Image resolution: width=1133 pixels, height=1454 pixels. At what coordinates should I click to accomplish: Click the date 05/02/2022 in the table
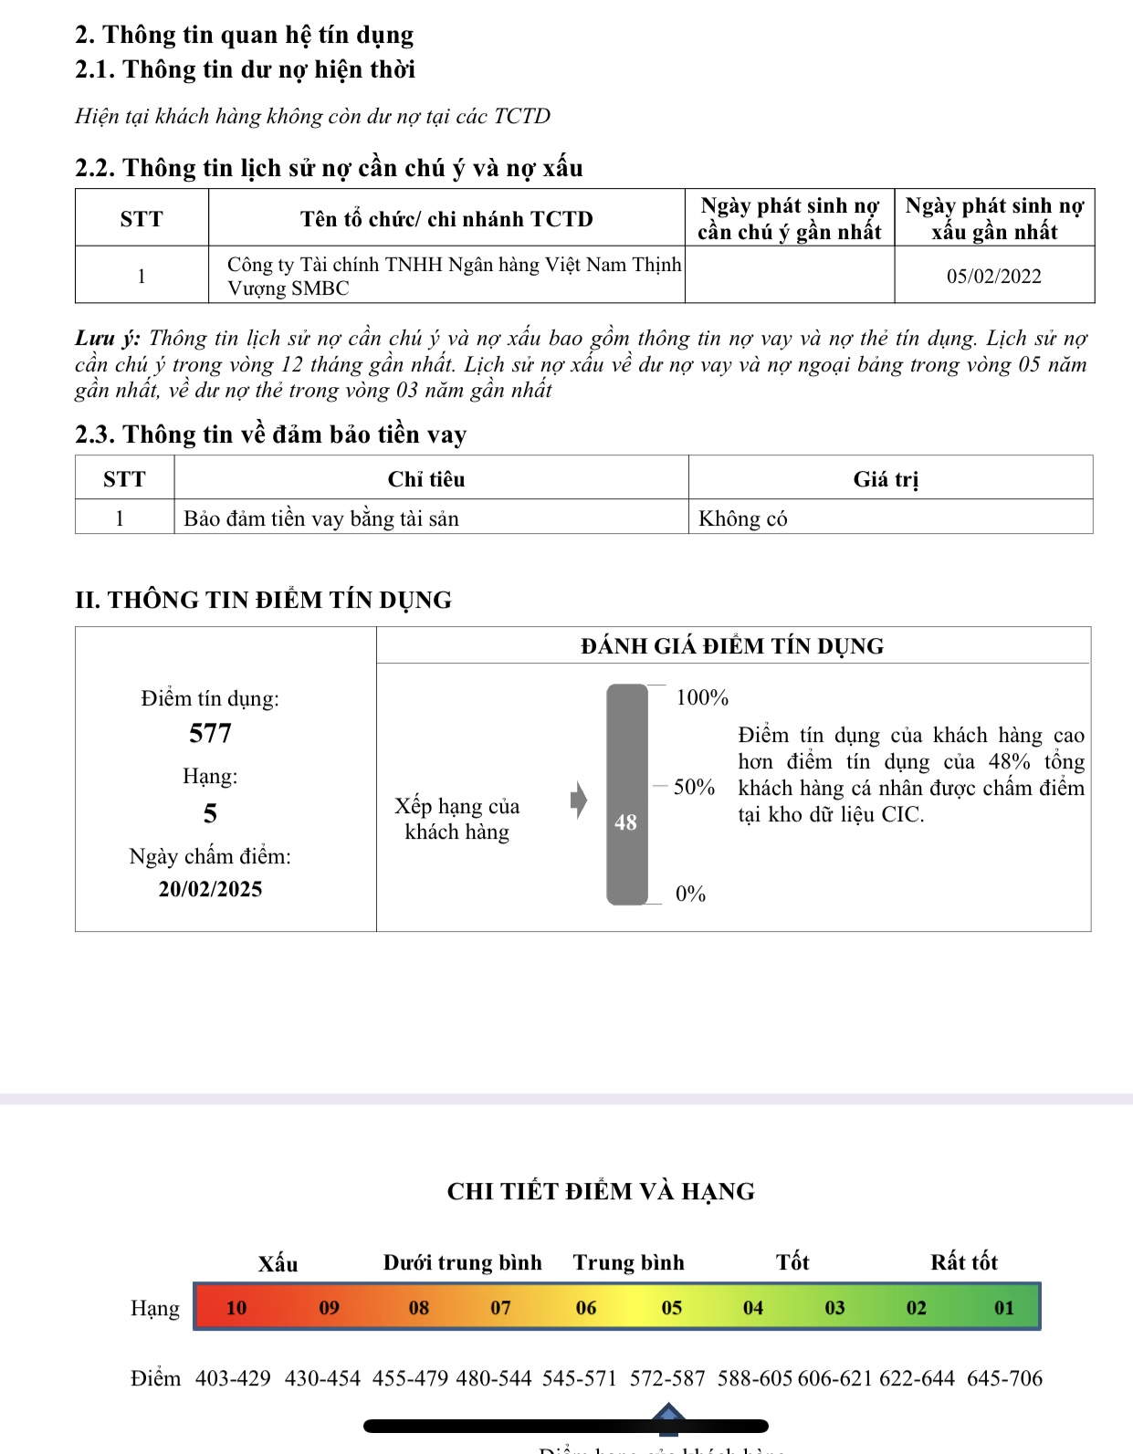993,277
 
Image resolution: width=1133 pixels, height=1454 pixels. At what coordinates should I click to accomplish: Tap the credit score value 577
210,733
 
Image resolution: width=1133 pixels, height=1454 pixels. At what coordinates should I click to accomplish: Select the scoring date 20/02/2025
210,889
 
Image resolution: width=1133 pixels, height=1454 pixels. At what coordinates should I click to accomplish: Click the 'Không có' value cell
742,518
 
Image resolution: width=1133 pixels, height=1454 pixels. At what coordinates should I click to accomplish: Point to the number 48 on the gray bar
625,822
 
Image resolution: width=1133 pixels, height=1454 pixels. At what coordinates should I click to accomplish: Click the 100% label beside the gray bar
702,698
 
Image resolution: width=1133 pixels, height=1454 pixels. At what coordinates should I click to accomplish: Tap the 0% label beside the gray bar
690,894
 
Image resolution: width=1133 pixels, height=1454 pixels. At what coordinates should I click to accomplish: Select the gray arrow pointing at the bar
579,800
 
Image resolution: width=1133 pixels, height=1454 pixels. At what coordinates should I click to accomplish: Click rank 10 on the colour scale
236,1308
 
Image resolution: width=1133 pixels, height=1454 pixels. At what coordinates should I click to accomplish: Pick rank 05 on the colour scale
672,1308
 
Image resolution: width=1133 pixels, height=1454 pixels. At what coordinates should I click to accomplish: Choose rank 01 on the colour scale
1004,1308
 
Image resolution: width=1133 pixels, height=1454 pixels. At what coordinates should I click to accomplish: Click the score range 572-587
667,1378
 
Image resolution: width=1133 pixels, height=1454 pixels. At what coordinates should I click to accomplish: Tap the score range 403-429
233,1378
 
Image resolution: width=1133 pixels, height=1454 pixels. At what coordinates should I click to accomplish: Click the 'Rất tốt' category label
964,1262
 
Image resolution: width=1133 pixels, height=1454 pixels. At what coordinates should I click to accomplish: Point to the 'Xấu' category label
278,1263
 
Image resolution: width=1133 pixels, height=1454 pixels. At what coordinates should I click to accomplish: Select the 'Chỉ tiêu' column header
426,479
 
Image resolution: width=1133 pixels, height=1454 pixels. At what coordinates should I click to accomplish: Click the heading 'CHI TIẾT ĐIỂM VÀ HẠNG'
601,1191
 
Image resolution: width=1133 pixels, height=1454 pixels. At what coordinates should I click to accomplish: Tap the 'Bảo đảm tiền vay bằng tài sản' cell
321,518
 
